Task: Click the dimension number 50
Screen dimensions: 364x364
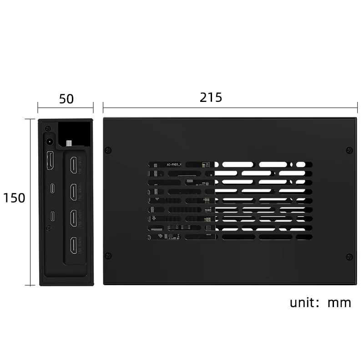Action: point(66,99)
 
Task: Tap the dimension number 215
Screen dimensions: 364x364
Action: point(211,97)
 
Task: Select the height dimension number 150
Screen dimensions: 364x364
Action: point(14,198)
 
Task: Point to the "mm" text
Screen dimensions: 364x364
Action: point(339,303)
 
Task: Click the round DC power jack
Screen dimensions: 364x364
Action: point(49,141)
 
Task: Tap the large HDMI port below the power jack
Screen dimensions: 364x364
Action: point(50,161)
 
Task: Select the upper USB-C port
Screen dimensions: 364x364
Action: point(52,188)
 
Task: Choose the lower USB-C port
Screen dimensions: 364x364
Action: point(52,215)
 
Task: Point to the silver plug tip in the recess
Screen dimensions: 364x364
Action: point(69,143)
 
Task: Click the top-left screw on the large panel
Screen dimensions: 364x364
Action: point(108,150)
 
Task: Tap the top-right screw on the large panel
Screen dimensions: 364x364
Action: point(349,150)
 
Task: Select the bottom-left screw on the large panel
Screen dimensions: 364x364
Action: point(108,256)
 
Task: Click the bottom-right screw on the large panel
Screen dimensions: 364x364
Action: point(349,256)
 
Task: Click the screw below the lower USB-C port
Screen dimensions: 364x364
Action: point(49,228)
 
